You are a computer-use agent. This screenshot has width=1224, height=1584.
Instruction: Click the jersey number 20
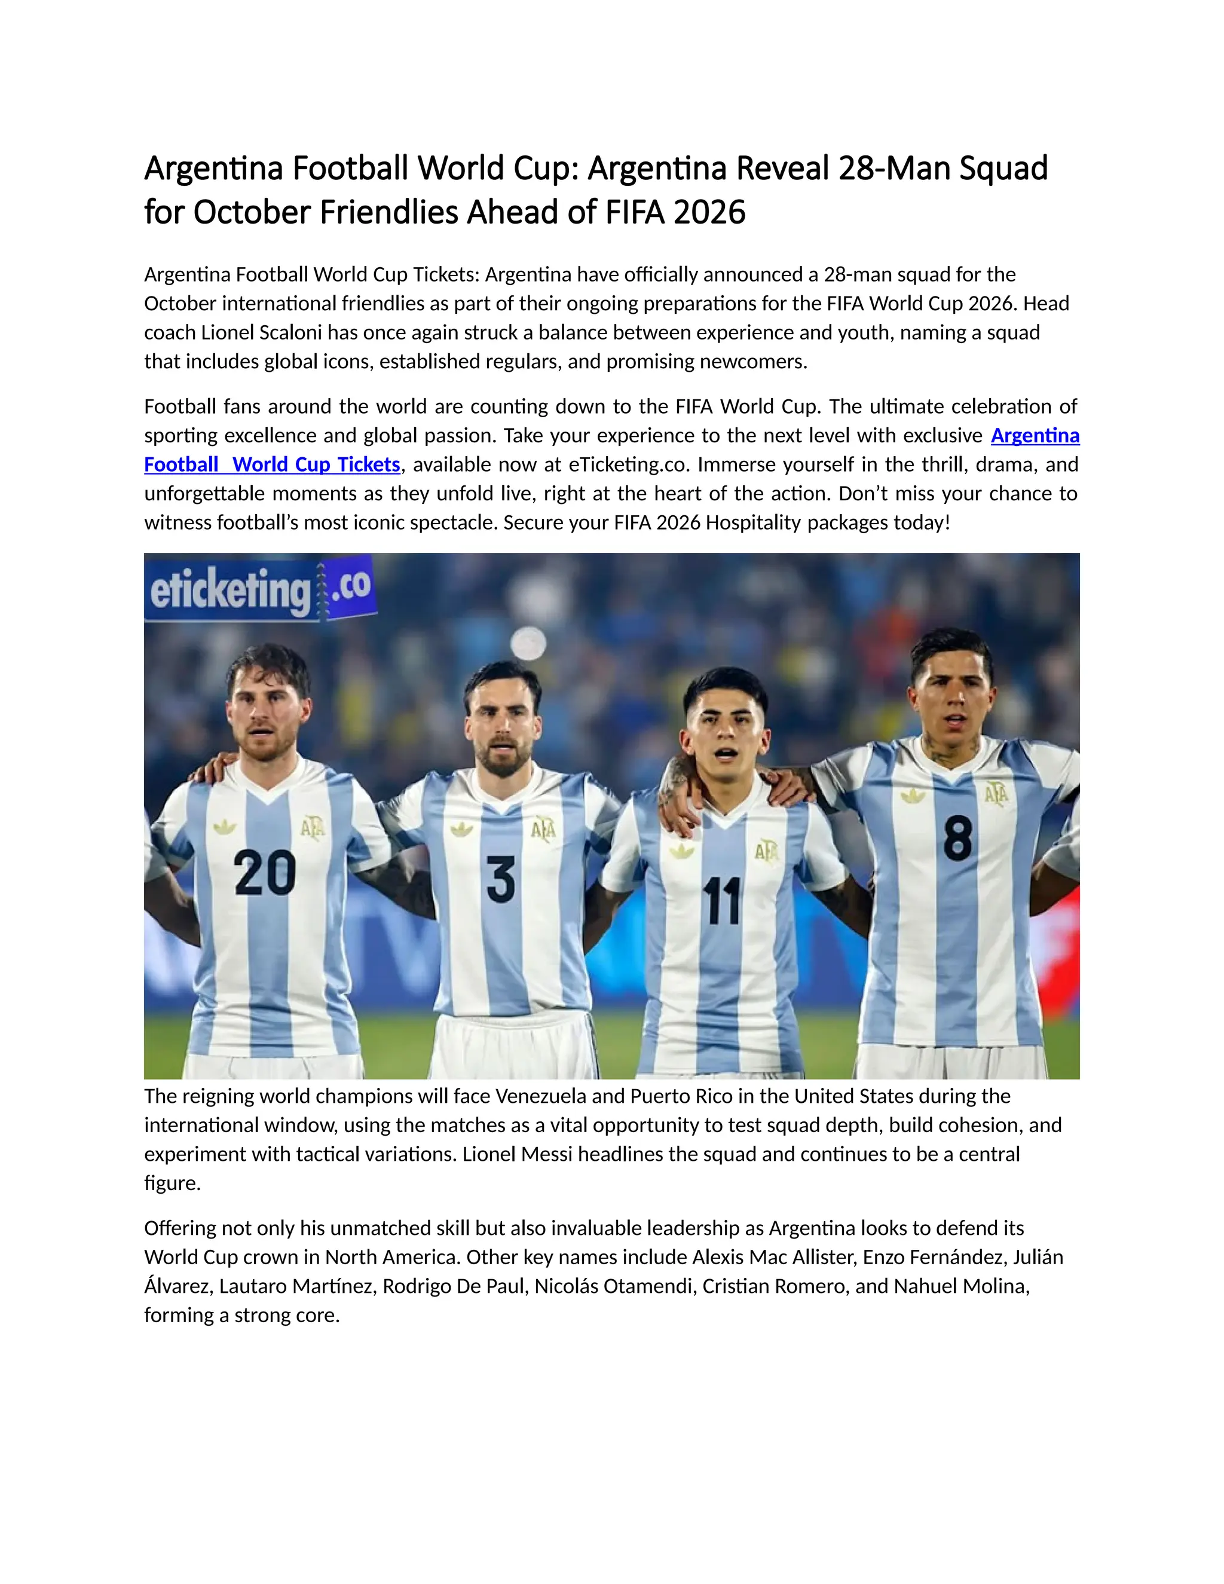click(265, 873)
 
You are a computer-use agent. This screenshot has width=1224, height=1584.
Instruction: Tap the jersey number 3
click(500, 879)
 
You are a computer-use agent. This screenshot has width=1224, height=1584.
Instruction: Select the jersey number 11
click(723, 901)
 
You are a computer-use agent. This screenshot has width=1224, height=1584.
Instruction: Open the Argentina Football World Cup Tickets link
click(272, 464)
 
